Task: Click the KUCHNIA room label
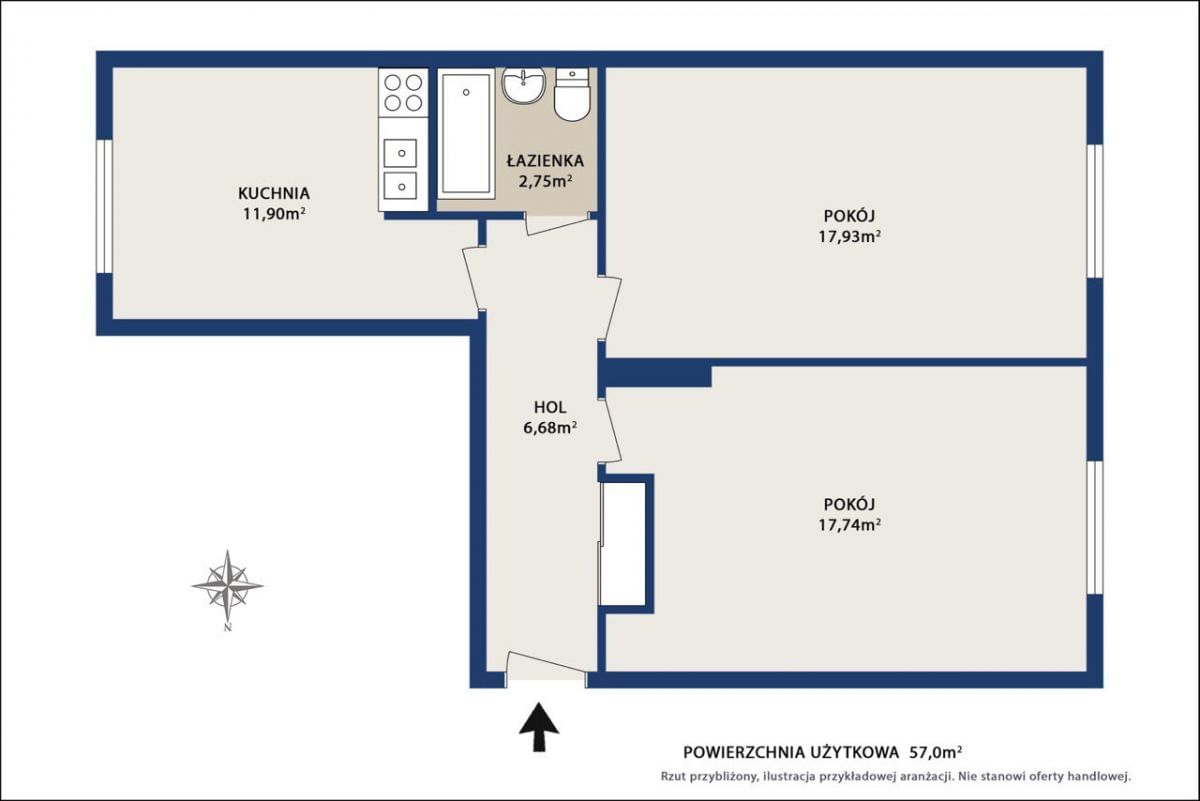[x=274, y=193]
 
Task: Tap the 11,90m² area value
[x=274, y=214]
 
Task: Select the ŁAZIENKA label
[x=545, y=160]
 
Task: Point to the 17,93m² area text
[x=850, y=236]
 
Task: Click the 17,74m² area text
[x=850, y=525]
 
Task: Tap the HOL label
[x=550, y=407]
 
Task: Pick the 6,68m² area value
[x=550, y=428]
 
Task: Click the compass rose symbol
[x=228, y=586]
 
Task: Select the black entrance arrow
[x=539, y=727]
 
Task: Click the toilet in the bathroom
[x=572, y=94]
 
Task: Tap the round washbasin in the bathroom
[x=523, y=85]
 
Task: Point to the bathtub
[x=466, y=133]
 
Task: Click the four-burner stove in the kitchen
[x=403, y=93]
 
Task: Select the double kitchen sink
[x=400, y=169]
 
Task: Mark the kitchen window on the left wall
[x=104, y=207]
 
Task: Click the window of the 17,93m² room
[x=1095, y=211]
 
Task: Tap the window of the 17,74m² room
[x=1095, y=528]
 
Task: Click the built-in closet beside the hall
[x=623, y=544]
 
